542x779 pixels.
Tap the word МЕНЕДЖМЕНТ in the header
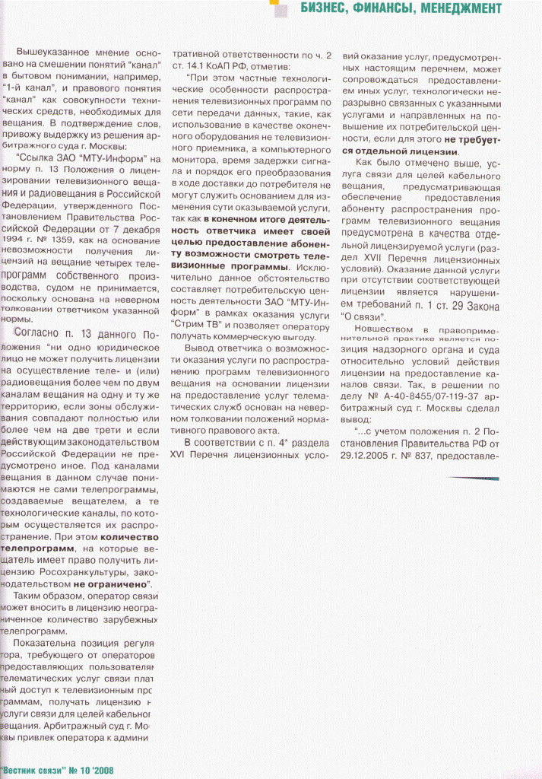coord(458,8)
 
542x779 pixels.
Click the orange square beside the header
coord(278,7)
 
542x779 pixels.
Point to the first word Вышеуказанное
coord(52,52)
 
